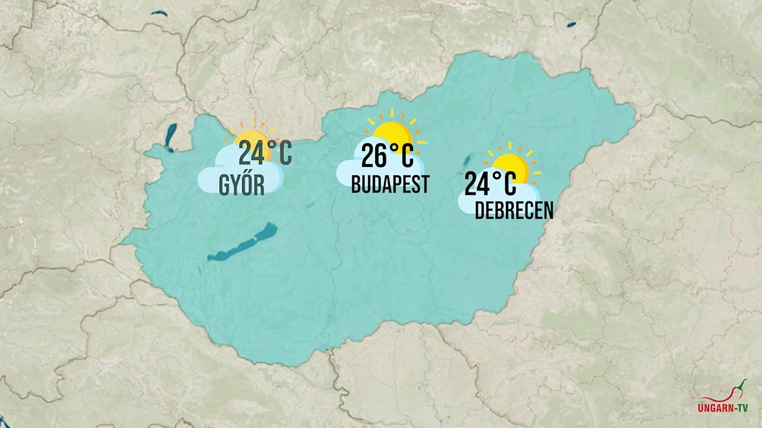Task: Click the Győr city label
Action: click(x=242, y=185)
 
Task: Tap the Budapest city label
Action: click(x=390, y=184)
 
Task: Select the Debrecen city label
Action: click(x=514, y=210)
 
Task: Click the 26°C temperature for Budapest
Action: click(x=387, y=156)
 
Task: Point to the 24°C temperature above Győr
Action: click(x=265, y=153)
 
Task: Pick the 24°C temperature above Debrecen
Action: click(x=490, y=184)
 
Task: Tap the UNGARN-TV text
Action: click(x=723, y=408)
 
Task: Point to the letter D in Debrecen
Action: click(x=480, y=210)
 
